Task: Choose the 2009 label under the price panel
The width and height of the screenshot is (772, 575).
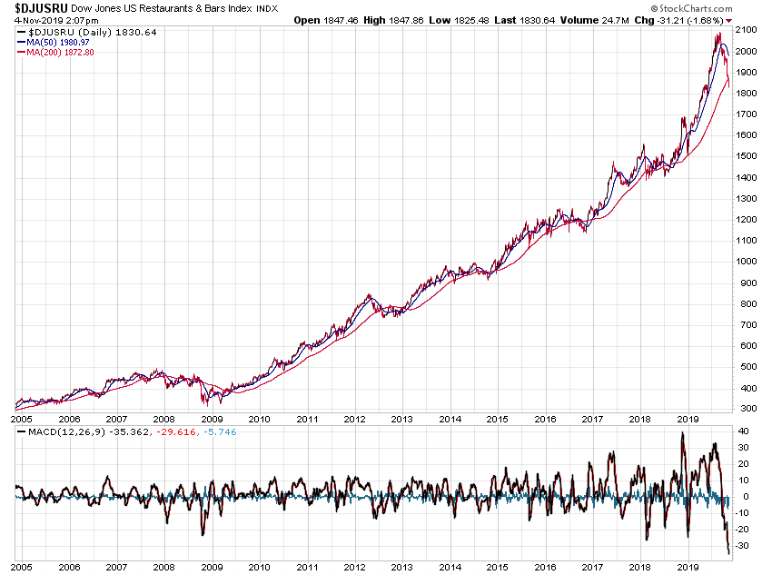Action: (212, 420)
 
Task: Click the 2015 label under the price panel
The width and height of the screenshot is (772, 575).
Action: (497, 420)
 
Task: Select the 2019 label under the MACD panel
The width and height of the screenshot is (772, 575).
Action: (688, 565)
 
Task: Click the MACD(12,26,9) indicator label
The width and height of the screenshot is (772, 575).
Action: (55, 432)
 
